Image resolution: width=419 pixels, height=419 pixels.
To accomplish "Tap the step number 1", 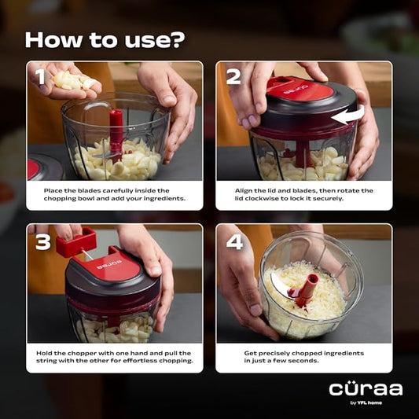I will point(39,77).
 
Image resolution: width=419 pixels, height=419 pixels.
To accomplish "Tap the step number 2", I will point(233,77).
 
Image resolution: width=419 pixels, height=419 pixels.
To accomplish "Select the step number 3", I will point(42,241).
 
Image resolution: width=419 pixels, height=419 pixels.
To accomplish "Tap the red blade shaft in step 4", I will point(305,289).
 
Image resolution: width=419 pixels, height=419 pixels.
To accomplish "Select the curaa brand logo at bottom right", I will point(366,389).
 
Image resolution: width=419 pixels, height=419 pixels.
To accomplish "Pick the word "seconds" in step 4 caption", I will point(312,364).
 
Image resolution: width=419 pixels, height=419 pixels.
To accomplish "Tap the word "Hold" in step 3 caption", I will point(46,353).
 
